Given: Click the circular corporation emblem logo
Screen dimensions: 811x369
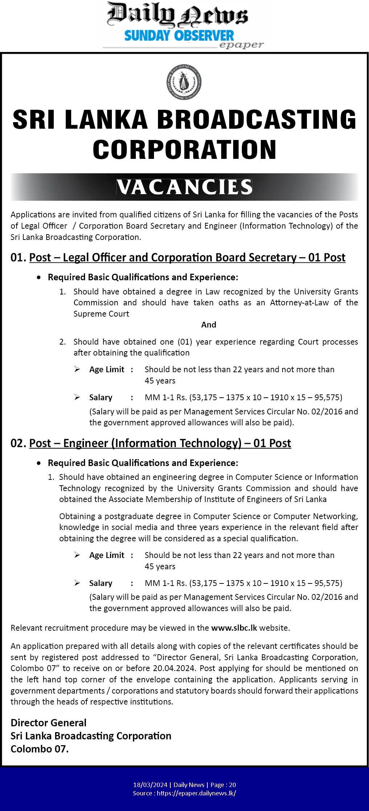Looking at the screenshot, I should pos(184,82).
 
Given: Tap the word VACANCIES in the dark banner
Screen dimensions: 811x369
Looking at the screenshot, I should pos(184,187).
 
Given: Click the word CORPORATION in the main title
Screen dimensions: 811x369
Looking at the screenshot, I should pos(184,149).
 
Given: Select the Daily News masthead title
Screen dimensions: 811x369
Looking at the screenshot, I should pos(177,15).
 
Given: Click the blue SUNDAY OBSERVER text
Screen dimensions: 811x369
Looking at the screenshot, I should pos(179,36).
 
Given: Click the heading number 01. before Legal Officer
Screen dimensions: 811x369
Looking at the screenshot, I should pos(18,257).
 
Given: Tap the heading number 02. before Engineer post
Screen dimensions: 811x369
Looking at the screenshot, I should pos(18,443).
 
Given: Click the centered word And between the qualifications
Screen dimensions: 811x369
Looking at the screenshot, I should pos(208,325).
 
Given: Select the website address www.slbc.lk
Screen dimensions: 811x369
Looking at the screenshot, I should pos(234,628).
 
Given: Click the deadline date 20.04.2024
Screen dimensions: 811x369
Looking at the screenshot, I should pos(177,668).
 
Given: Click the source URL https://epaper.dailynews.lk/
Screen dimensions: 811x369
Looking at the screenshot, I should pos(196,793).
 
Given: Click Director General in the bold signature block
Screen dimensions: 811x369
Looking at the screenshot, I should pos(48,723).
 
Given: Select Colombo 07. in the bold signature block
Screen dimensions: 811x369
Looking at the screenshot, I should pos(40,749).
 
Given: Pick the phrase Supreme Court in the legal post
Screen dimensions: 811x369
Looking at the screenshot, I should pos(101,314).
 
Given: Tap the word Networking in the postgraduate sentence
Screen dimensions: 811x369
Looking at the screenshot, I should pos(336,516).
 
